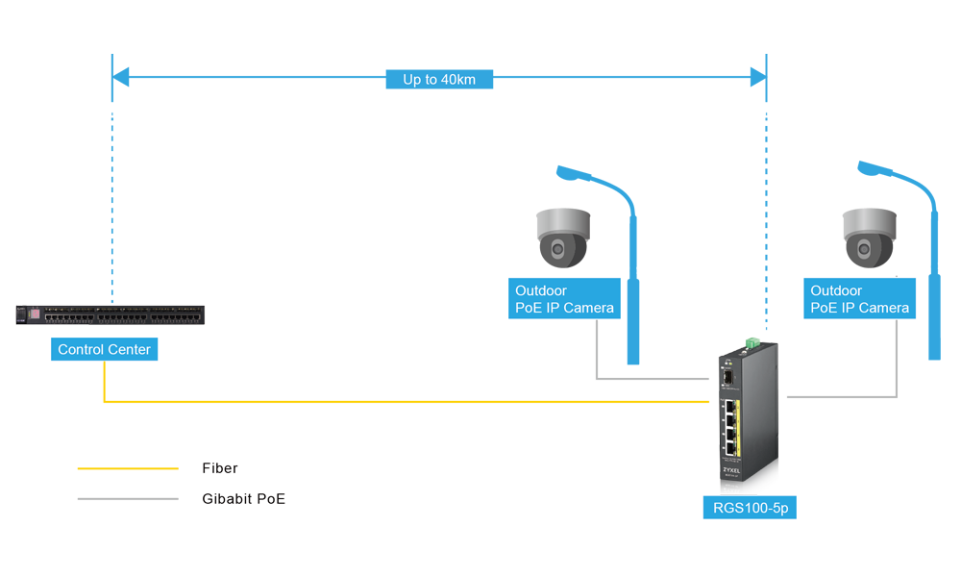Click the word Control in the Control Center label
coord(80,350)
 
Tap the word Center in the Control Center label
coord(129,350)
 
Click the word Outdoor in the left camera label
coord(541,290)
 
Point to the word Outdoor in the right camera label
coord(836,290)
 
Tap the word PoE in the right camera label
coord(825,309)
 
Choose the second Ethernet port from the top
coord(729,420)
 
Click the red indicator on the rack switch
coord(37,314)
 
